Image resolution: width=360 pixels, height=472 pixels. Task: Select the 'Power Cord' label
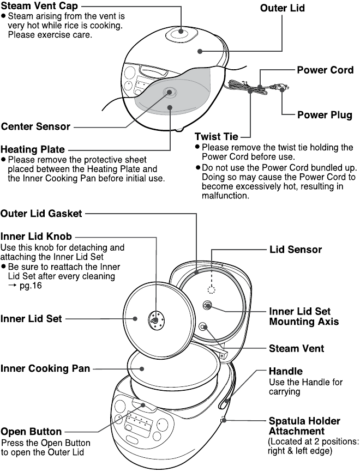325,70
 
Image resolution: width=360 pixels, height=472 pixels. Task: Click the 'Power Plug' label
325,115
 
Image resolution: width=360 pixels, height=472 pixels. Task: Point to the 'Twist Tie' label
217,137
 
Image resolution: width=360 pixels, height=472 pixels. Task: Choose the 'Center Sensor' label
35,126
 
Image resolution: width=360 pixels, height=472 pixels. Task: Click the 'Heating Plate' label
33,149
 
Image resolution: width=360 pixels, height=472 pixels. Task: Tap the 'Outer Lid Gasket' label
41,214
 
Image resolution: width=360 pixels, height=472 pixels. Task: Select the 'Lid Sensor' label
296,250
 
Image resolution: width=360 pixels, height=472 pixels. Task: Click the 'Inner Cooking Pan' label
45,368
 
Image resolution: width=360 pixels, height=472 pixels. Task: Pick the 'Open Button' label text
31,432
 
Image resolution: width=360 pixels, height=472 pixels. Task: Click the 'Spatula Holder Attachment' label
304,426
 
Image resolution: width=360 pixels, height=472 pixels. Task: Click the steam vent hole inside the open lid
203,327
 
